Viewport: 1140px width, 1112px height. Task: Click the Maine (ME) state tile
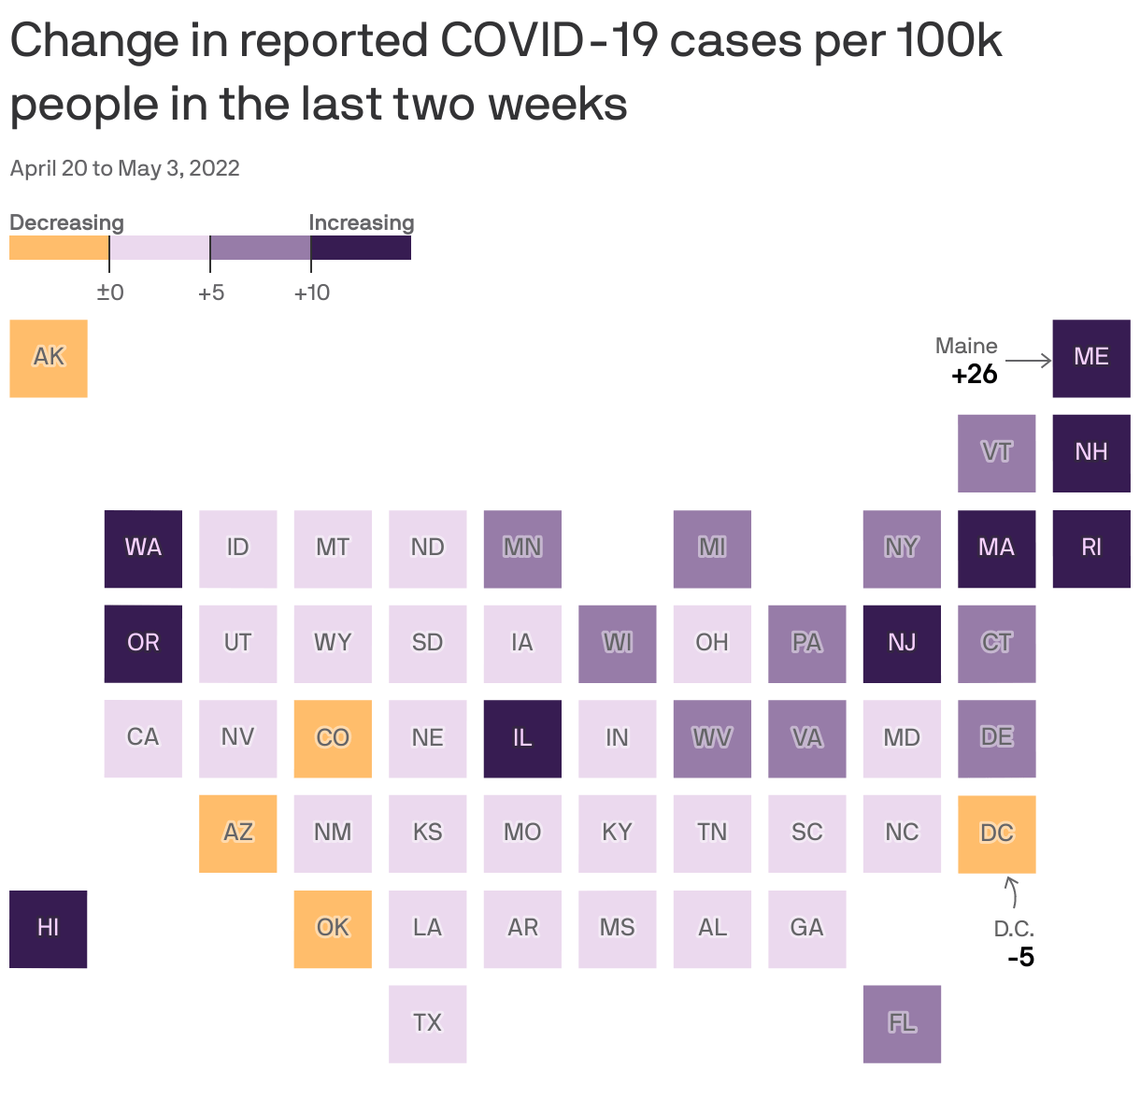[x=1090, y=358]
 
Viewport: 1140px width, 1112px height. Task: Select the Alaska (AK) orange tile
[x=49, y=358]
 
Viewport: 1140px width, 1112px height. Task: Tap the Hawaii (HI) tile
[x=49, y=928]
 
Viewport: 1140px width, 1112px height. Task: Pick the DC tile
[x=996, y=834]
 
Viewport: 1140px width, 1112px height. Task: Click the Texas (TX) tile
[x=427, y=1023]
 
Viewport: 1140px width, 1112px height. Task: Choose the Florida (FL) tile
[x=902, y=1023]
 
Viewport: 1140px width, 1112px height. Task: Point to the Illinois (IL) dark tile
[x=522, y=738]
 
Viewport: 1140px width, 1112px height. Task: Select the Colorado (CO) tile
[x=333, y=738]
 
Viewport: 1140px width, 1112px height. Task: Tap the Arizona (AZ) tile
[x=237, y=834]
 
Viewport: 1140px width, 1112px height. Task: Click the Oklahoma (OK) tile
[x=333, y=928]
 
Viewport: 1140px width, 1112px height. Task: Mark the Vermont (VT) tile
[x=996, y=453]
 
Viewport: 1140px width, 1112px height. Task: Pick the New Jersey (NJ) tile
[x=902, y=643]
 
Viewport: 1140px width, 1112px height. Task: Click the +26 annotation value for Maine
[x=975, y=375]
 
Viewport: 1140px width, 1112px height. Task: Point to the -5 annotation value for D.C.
[x=1020, y=958]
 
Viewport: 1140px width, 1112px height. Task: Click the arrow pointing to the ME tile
[x=1028, y=361]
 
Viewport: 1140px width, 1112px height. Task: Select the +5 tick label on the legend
[x=211, y=292]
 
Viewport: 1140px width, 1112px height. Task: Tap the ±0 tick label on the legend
[x=110, y=292]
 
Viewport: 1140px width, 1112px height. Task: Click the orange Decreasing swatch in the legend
[x=59, y=248]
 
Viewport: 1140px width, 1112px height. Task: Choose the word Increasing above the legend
[x=361, y=222]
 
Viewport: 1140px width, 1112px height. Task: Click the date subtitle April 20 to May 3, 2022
[x=125, y=168]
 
